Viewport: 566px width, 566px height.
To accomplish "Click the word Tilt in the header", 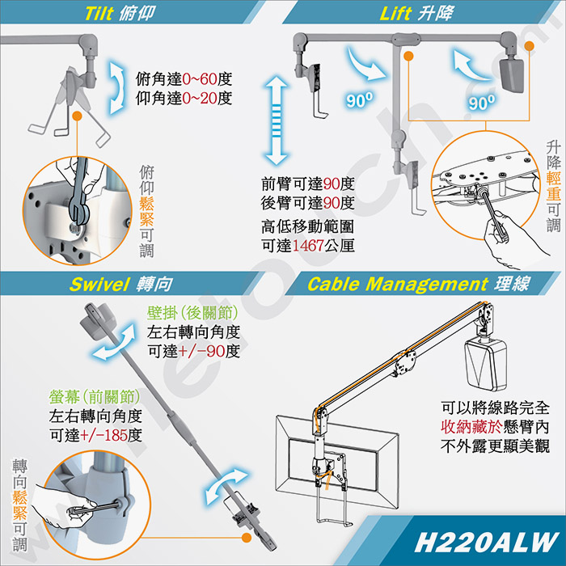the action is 99,14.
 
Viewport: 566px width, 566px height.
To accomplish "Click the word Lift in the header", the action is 395,14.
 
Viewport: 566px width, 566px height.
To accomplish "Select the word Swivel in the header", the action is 99,284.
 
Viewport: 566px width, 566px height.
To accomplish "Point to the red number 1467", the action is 307,246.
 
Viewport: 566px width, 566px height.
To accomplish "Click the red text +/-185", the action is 103,435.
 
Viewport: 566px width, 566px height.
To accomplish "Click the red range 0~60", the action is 200,79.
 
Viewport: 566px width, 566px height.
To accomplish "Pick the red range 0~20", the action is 200,98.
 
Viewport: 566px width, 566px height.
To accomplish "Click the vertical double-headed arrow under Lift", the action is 277,120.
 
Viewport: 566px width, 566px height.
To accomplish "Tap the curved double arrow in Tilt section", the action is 117,87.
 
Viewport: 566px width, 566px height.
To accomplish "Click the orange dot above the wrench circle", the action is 77,116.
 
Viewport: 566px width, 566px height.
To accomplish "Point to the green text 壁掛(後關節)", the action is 192,313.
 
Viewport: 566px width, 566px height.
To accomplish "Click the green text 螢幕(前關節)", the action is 95,397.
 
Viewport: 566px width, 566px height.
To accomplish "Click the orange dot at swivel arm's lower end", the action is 246,538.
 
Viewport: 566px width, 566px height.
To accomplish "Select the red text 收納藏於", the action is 471,427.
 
